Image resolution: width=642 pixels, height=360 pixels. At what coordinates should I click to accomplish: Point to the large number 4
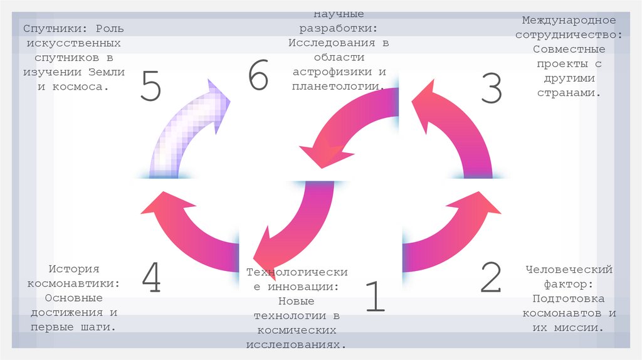(151, 278)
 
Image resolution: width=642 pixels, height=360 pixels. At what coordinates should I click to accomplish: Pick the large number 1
(374, 296)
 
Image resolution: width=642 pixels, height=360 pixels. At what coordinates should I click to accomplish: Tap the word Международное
(569, 21)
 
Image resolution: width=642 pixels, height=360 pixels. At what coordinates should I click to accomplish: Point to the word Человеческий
(569, 270)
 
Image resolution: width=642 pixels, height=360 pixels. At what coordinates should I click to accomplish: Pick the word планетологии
(338, 86)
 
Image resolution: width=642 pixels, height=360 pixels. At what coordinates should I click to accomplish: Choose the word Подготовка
(569, 299)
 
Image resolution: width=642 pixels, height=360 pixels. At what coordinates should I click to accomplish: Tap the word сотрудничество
(569, 35)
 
